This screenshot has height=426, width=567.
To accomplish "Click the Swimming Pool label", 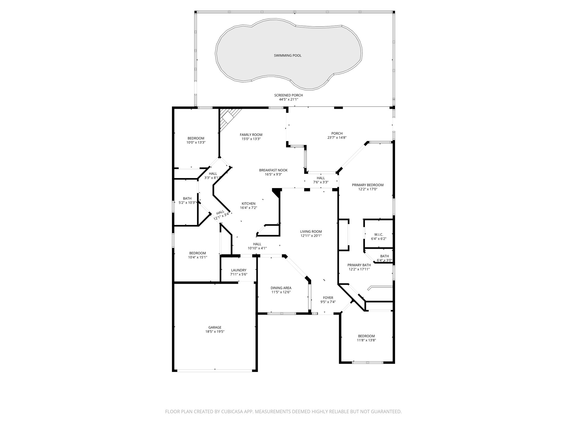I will (x=288, y=55).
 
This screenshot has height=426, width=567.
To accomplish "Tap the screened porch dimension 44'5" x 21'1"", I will (x=288, y=99).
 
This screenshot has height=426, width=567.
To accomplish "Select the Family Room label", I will (x=251, y=135).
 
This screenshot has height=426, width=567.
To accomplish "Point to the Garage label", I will (x=215, y=327).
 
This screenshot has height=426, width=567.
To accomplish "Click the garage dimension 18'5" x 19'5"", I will (x=215, y=331).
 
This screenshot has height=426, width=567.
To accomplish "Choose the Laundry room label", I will (x=239, y=270).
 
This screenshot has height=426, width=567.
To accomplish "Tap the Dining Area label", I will (x=281, y=288).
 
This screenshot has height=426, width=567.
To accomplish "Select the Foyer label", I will (x=328, y=298).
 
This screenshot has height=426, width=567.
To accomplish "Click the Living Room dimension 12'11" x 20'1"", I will (x=311, y=236).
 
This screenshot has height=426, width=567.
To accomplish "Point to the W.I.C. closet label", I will (x=378, y=234).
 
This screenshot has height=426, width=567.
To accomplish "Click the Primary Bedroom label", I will (x=368, y=185).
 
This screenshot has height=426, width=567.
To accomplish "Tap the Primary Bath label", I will (x=359, y=265).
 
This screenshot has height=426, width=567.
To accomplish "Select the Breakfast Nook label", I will (x=273, y=170).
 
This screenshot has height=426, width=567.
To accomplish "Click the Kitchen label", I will (x=248, y=204).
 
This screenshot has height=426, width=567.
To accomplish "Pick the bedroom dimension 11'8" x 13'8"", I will (x=366, y=340).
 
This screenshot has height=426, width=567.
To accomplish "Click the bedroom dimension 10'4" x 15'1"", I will (x=197, y=257).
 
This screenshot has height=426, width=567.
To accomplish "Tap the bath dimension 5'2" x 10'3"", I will (x=187, y=202).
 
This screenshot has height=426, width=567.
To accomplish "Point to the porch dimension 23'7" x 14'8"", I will (x=337, y=137).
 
